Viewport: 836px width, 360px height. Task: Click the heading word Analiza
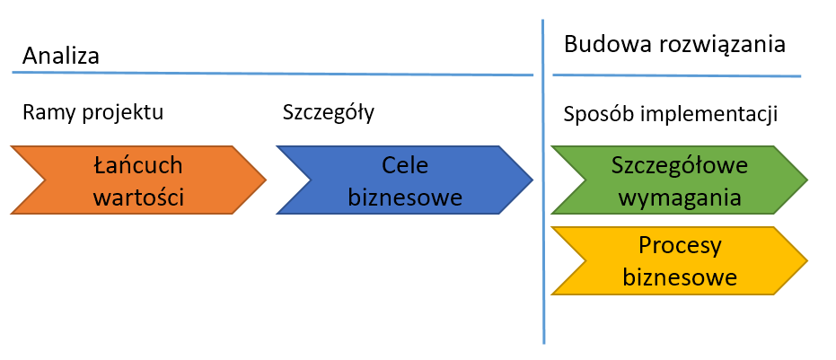61,56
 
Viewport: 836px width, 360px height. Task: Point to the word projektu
122,114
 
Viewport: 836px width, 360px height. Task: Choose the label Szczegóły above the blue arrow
329,114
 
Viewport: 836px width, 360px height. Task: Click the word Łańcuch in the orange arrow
138,165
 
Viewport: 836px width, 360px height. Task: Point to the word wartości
138,196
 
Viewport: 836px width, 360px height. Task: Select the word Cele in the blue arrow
406,165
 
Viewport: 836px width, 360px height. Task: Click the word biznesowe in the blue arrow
406,196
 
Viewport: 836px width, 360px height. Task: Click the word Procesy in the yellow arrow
680,245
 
